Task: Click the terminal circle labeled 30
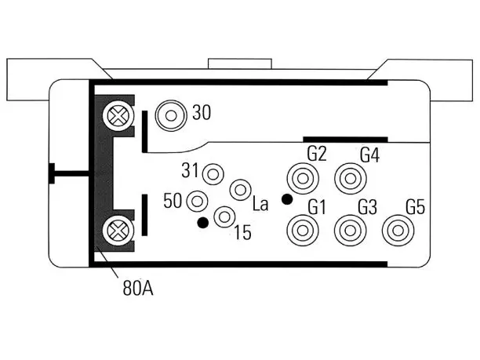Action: point(171,116)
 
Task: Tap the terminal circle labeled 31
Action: point(213,174)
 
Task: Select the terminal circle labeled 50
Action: point(197,202)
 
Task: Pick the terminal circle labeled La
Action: point(240,190)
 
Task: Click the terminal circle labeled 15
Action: point(224,216)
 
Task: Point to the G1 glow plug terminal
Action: point(303,231)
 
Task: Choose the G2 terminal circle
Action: point(303,179)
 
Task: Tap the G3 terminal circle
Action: point(351,231)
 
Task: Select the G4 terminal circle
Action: point(351,179)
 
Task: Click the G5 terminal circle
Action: point(398,231)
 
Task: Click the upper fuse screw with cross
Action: point(118,116)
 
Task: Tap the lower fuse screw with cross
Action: point(118,231)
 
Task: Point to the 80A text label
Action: point(138,288)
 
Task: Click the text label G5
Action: point(416,207)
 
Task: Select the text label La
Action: point(260,204)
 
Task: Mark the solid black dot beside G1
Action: point(287,199)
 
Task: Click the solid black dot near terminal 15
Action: point(203,223)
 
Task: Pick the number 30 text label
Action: point(202,112)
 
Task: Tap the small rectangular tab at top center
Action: point(240,64)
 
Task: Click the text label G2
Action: point(317,154)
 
